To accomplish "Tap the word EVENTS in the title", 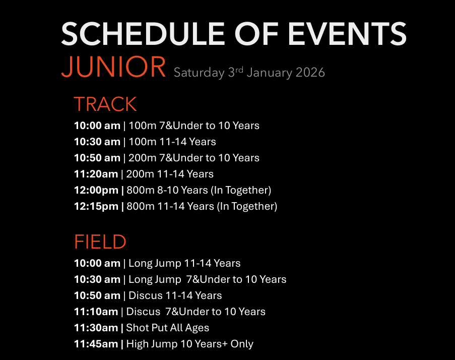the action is pyautogui.click(x=347, y=34).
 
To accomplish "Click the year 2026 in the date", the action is pyautogui.click(x=310, y=73).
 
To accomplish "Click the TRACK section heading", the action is pyautogui.click(x=105, y=104).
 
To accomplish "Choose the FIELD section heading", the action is pyautogui.click(x=100, y=242).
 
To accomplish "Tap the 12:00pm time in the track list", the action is pyautogui.click(x=96, y=190).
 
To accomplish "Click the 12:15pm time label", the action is pyautogui.click(x=96, y=206).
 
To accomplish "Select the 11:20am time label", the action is pyautogui.click(x=96, y=174).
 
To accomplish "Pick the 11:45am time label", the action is pyautogui.click(x=96, y=344).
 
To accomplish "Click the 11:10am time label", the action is pyautogui.click(x=96, y=312).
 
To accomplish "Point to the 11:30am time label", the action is pyautogui.click(x=96, y=328).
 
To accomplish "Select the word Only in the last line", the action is pyautogui.click(x=242, y=344).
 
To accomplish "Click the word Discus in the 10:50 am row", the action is pyautogui.click(x=146, y=295).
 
